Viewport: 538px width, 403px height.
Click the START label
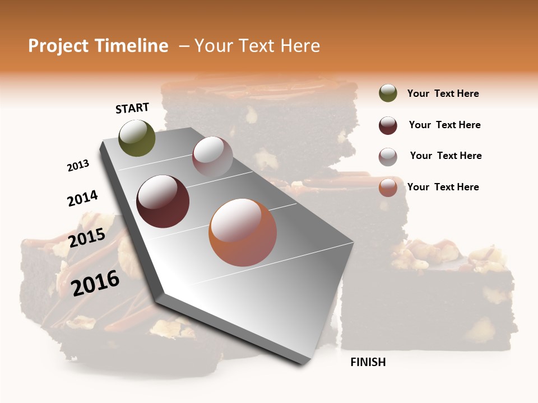pyautogui.click(x=132, y=108)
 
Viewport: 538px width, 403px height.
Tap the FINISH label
pyautogui.click(x=368, y=362)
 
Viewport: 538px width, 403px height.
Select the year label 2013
pyautogui.click(x=78, y=166)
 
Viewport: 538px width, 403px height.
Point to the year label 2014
pyautogui.click(x=82, y=198)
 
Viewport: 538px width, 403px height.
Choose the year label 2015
pyautogui.click(x=87, y=238)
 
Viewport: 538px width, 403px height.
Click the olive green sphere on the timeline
pyautogui.click(x=137, y=138)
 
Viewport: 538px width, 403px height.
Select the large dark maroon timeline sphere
pyautogui.click(x=163, y=201)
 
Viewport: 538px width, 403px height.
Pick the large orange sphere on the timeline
pyautogui.click(x=243, y=232)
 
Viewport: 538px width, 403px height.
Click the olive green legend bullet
pyautogui.click(x=388, y=93)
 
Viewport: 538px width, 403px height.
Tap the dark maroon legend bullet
pyautogui.click(x=388, y=125)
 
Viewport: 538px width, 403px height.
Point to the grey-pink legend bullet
pyautogui.click(x=388, y=157)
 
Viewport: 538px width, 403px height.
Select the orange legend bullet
pyautogui.click(x=388, y=188)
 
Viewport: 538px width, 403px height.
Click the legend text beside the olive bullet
pyautogui.click(x=443, y=94)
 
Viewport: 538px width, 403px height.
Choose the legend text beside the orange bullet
pyautogui.click(x=443, y=187)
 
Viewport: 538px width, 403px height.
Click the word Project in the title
pyautogui.click(x=59, y=46)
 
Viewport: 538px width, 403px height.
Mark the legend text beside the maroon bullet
pyautogui.click(x=444, y=125)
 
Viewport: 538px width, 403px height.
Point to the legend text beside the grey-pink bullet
pyautogui.click(x=446, y=156)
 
